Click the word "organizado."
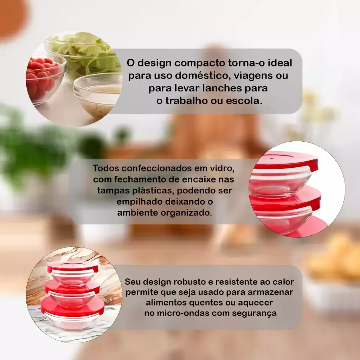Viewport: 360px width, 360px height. [x=186, y=213]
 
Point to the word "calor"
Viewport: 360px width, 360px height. [x=283, y=282]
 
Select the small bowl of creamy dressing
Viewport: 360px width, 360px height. [x=99, y=96]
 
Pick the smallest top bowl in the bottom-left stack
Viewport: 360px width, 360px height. [x=72, y=276]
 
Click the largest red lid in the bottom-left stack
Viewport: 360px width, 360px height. [x=72, y=307]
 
